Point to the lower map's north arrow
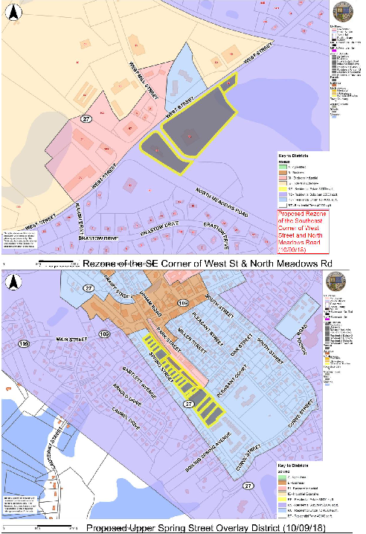click(11, 283)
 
